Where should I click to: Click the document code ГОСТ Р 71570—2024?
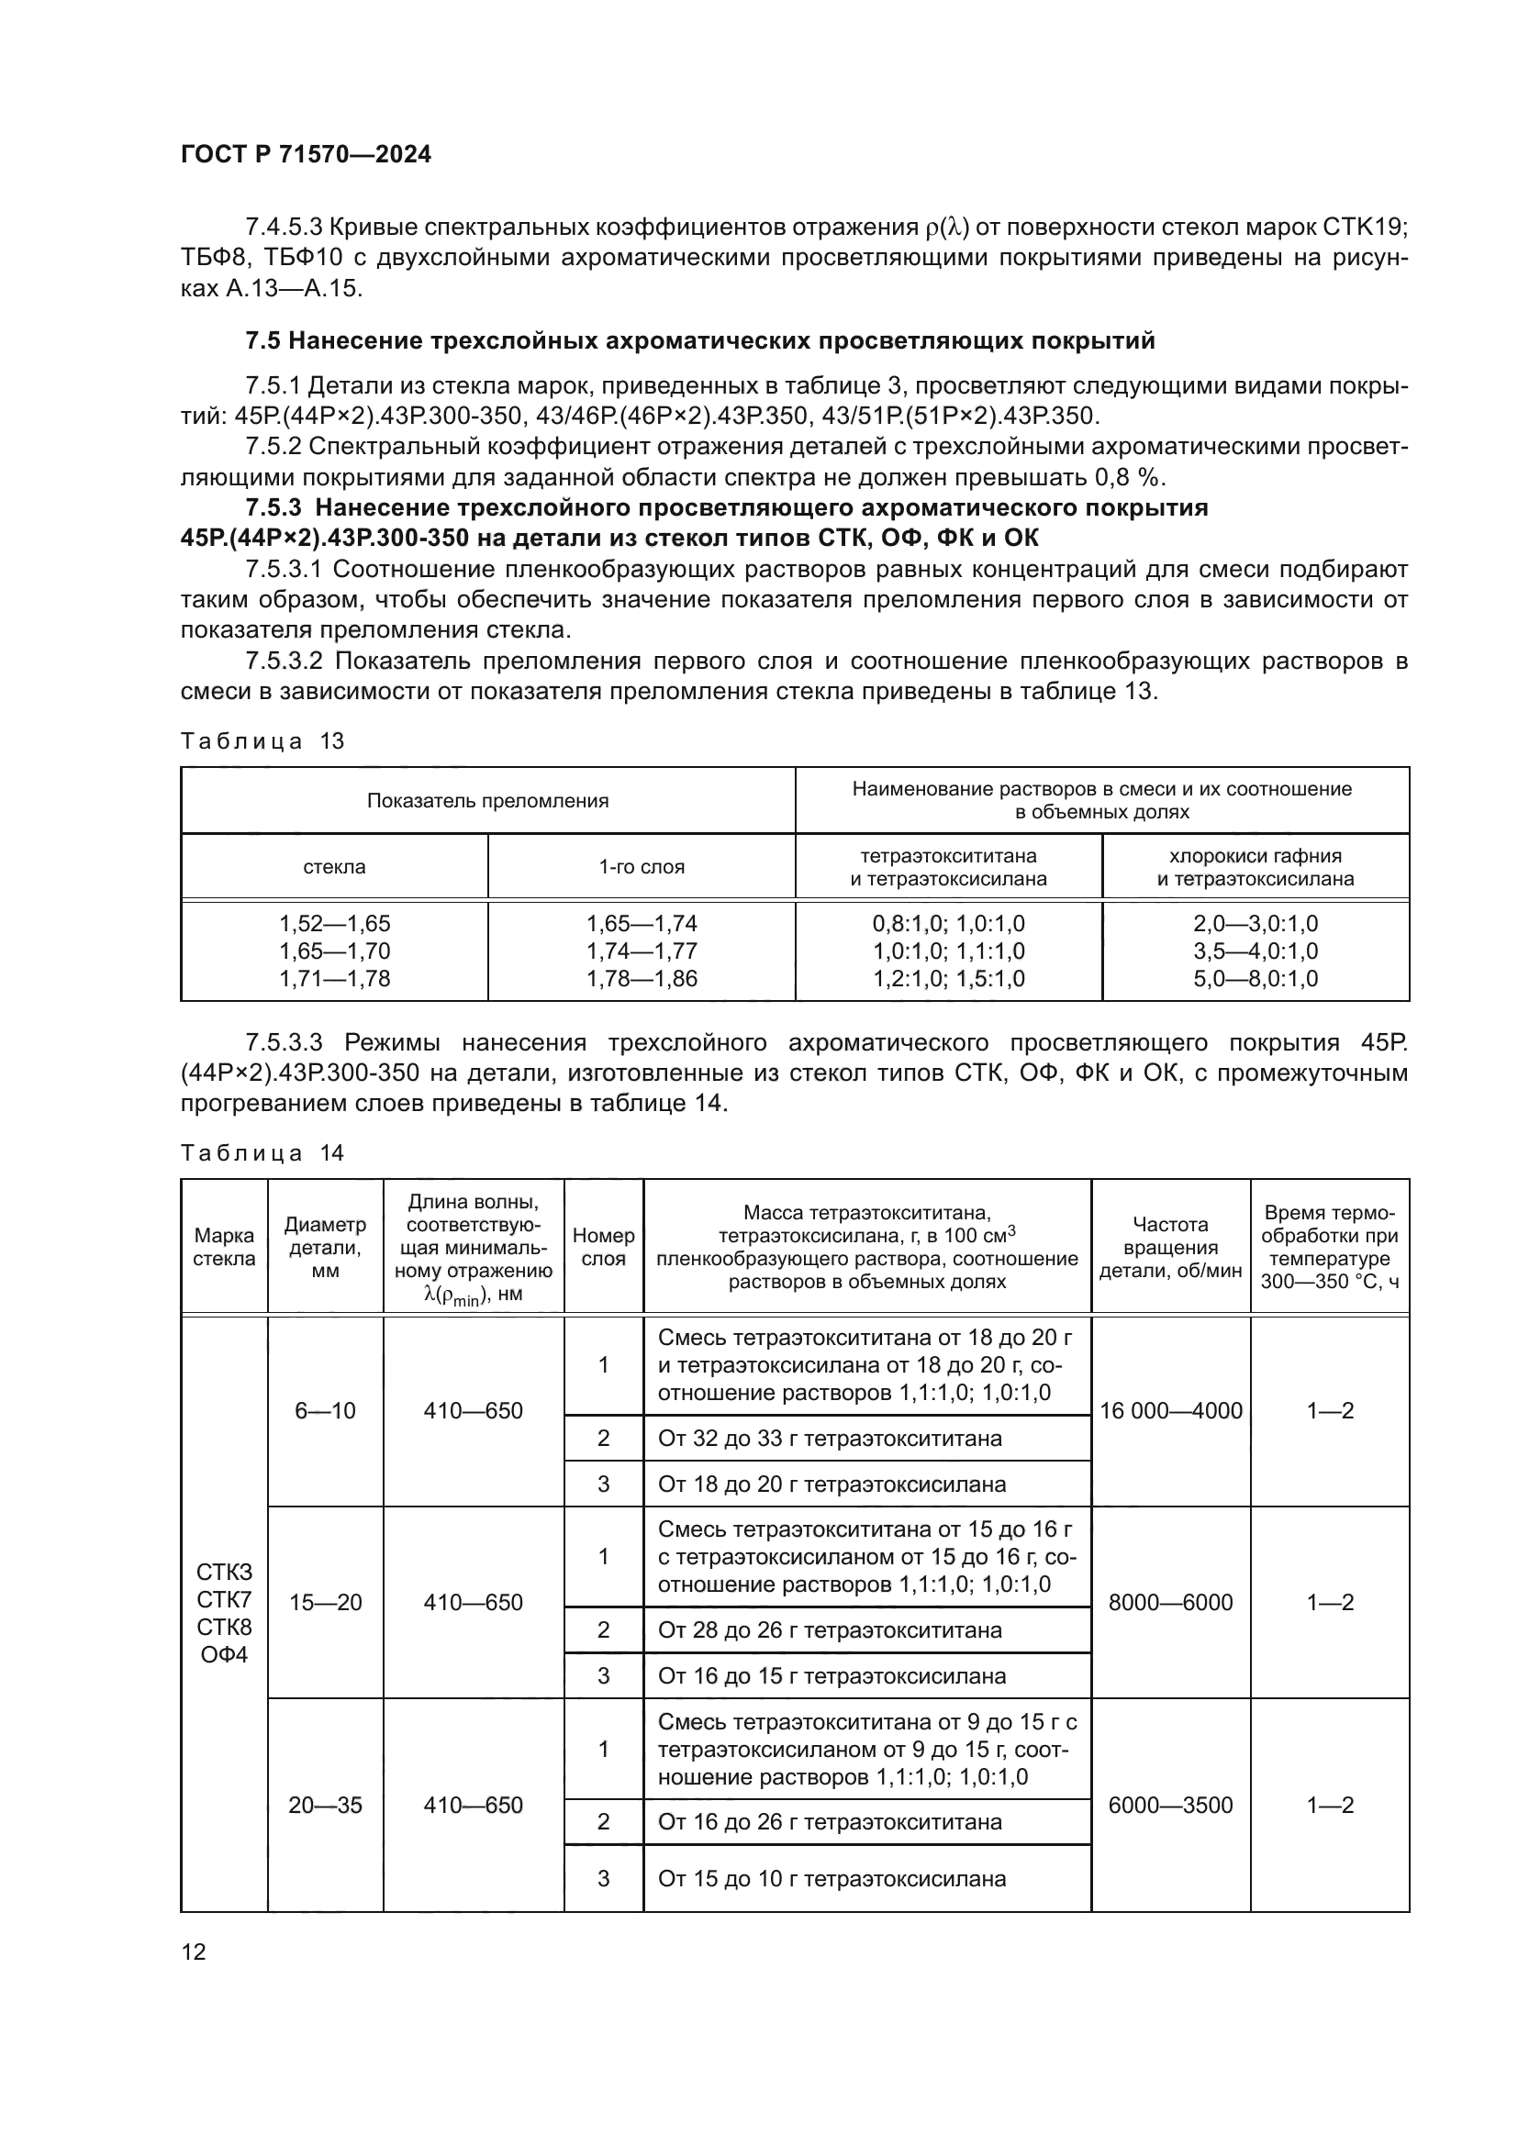306,155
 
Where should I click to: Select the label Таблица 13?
262,742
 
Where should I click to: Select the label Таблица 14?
262,1153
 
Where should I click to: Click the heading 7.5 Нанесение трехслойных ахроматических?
700,341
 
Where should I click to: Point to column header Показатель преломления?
487,801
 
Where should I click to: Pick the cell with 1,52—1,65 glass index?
335,924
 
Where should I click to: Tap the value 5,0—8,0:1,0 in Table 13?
1255,979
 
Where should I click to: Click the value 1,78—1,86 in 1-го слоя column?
642,979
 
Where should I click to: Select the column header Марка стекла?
223,1247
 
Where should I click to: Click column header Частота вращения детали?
1170,1247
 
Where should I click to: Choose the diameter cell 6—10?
325,1410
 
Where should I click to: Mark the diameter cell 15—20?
325,1602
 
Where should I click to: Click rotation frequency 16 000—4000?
1170,1410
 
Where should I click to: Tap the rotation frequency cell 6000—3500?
1170,1805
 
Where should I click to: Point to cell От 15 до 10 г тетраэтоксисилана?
831,1879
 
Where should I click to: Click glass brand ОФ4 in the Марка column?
223,1655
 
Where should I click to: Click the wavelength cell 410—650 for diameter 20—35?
473,1805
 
